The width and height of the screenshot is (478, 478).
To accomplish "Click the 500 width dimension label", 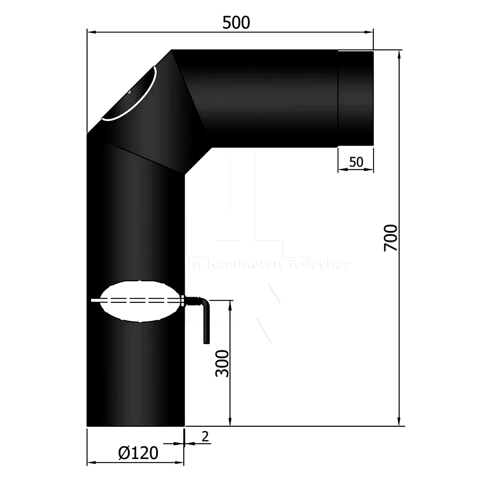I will point(236,23).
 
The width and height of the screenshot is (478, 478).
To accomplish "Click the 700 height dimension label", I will point(391,237).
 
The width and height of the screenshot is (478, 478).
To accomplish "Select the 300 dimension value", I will point(222,363).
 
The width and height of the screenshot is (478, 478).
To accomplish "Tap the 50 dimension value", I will point(356,162).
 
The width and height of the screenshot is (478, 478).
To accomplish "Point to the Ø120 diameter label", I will point(138,453).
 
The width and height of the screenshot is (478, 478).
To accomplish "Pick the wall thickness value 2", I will point(205,436).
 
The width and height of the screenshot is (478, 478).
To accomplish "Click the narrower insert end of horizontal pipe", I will point(355,98).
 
